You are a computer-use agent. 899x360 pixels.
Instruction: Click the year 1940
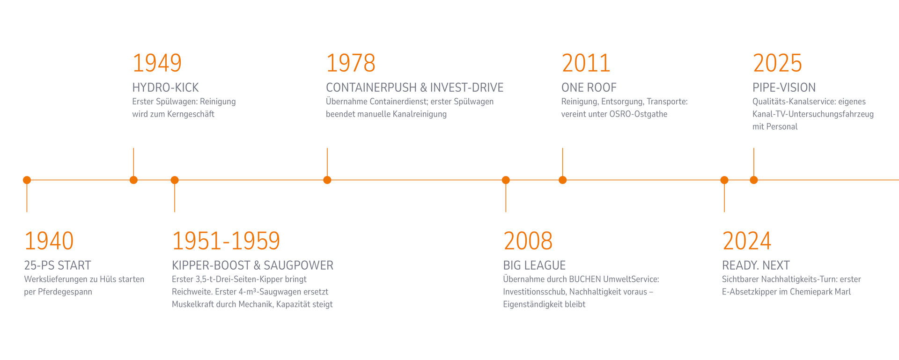pyautogui.click(x=49, y=241)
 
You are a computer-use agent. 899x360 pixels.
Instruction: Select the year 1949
pyautogui.click(x=157, y=63)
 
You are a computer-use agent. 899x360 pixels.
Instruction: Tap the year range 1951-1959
pyautogui.click(x=226, y=241)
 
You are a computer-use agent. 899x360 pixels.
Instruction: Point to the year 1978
pyautogui.click(x=351, y=63)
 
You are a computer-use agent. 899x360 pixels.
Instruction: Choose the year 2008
pyautogui.click(x=528, y=241)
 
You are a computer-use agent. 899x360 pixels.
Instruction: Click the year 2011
pyautogui.click(x=586, y=63)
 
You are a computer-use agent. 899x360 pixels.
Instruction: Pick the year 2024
pyautogui.click(x=747, y=241)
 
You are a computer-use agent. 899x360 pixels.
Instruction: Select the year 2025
pyautogui.click(x=778, y=63)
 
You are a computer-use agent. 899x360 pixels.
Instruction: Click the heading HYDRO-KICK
pyautogui.click(x=166, y=88)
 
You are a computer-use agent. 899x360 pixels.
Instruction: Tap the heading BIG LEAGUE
pyautogui.click(x=535, y=265)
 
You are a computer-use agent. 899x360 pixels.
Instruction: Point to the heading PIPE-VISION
pyautogui.click(x=784, y=88)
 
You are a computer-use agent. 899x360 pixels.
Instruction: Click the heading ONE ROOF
pyautogui.click(x=589, y=88)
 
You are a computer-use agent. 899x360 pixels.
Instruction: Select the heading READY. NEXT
pyautogui.click(x=756, y=265)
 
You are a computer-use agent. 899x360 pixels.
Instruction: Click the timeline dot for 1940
pyautogui.click(x=27, y=180)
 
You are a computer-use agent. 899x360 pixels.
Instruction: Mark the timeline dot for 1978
pyautogui.click(x=327, y=180)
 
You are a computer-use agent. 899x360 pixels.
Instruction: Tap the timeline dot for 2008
pyautogui.click(x=506, y=180)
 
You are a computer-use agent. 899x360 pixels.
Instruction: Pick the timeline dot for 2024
pyautogui.click(x=724, y=180)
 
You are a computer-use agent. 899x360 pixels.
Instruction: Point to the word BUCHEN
pyautogui.click(x=584, y=279)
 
